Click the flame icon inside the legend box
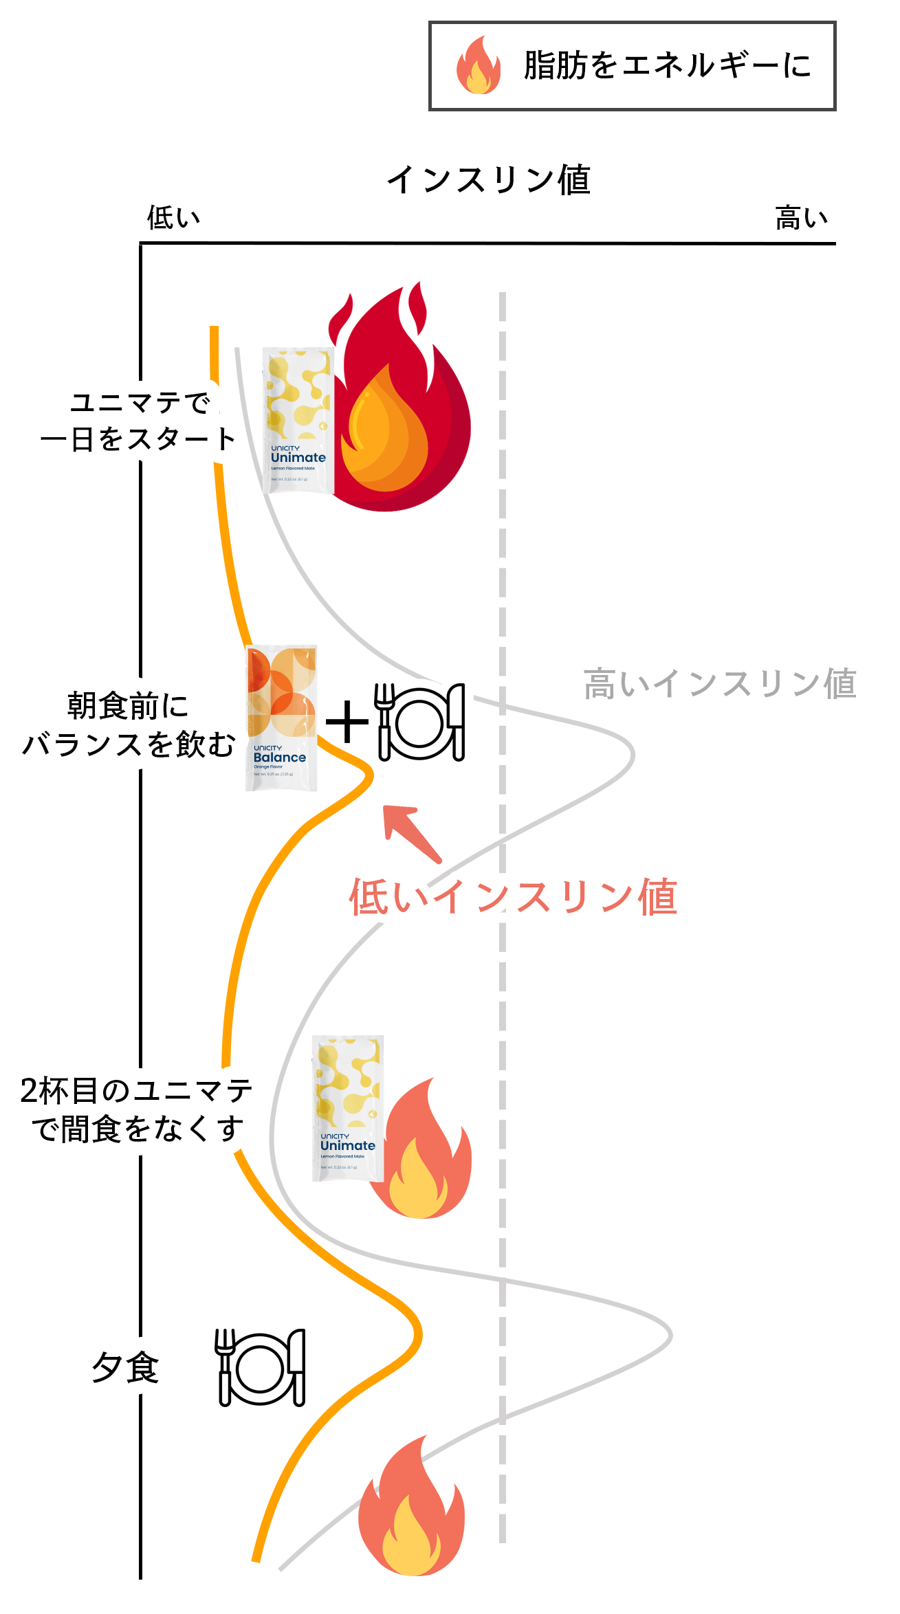(479, 65)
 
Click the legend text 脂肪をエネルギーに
(667, 66)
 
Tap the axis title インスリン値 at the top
(489, 180)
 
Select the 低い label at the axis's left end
(173, 218)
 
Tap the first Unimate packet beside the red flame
(298, 421)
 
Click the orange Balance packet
(281, 718)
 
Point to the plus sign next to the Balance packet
(347, 722)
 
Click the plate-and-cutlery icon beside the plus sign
(420, 722)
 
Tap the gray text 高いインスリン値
(720, 684)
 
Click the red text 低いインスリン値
(513, 897)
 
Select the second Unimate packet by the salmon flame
(348, 1108)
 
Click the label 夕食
(125, 1367)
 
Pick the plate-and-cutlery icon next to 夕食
(261, 1367)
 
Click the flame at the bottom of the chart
(411, 1509)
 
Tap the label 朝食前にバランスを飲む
(129, 725)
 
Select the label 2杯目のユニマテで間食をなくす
(136, 1109)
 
